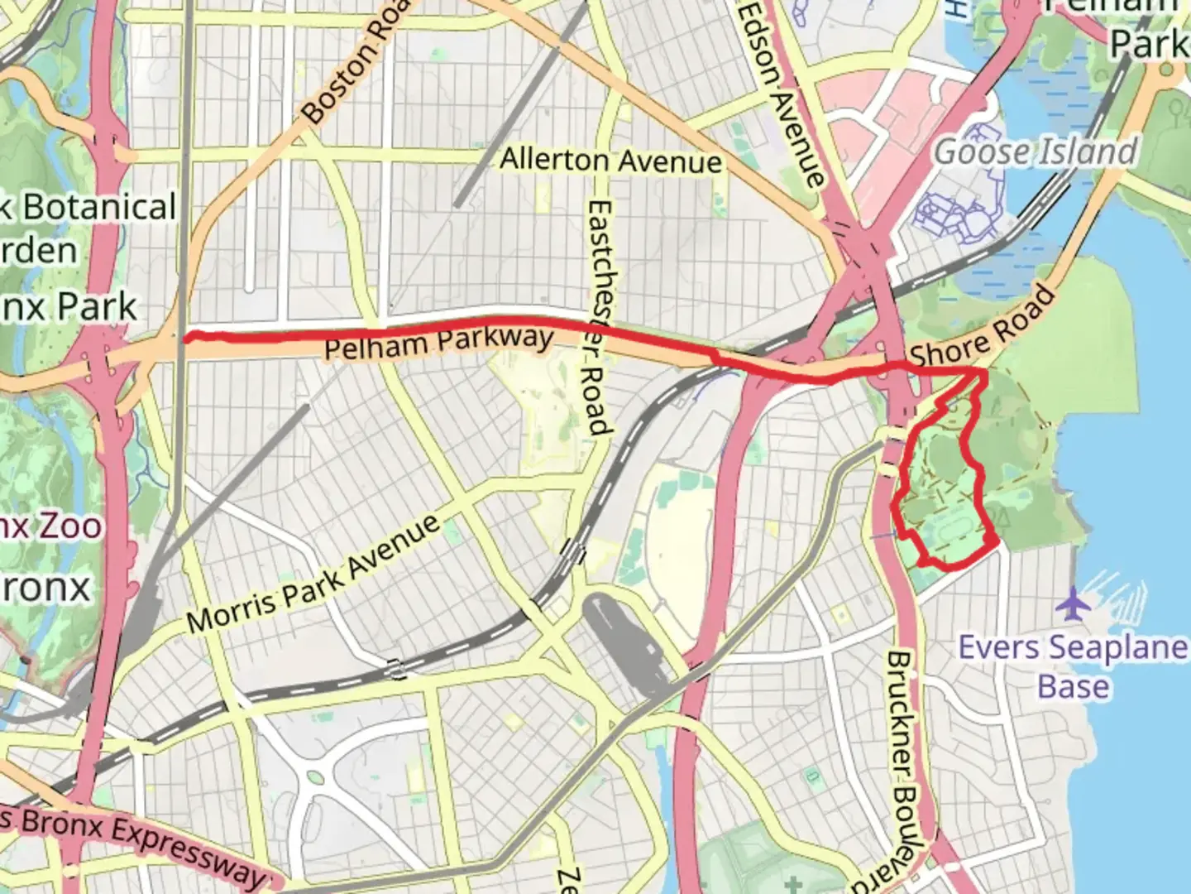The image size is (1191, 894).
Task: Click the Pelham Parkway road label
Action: tap(438, 343)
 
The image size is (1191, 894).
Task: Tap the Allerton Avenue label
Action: tap(610, 160)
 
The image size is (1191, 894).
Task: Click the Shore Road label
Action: tap(983, 328)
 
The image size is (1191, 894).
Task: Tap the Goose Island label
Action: tap(1036, 152)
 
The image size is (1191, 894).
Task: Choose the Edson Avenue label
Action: tap(782, 93)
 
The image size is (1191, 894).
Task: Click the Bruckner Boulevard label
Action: tap(905, 770)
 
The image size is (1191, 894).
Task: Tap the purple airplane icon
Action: tap(1073, 603)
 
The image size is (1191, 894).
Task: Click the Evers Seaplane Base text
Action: tap(1073, 647)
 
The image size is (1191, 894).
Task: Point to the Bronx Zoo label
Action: tap(50, 526)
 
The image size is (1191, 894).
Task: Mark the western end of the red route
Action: tap(187, 336)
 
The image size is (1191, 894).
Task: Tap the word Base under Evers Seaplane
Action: tap(1073, 687)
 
